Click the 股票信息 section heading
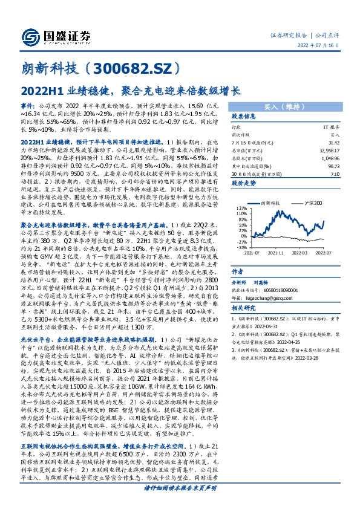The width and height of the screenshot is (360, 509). click(x=244, y=116)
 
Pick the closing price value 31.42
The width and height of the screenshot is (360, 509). click(x=333, y=143)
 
